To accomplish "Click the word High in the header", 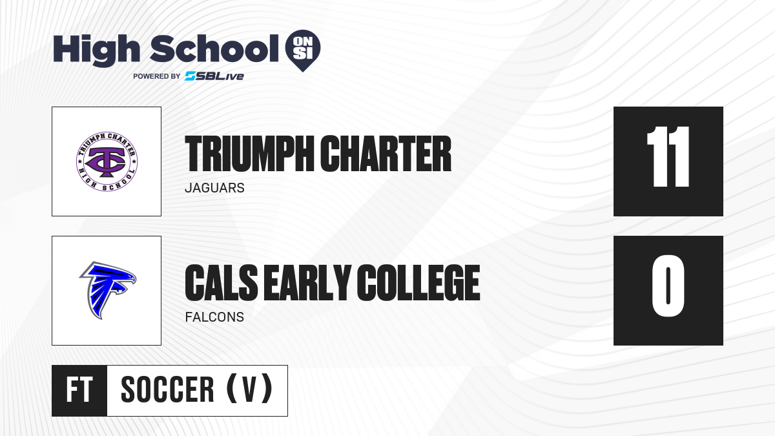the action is point(96,50).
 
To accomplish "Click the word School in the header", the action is point(214,48).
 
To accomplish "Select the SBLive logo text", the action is point(214,76).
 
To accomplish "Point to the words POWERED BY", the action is point(157,76).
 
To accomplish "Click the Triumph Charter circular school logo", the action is point(107,161).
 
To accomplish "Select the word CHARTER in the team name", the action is point(386,154).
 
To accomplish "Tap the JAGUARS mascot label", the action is point(214,188).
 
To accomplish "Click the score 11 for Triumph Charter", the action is point(668,157).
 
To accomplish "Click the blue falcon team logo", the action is point(107,290).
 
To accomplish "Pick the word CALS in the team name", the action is point(222,283).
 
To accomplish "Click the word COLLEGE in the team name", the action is point(418,283).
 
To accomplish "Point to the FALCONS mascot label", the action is point(214,317).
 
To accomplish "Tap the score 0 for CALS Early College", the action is point(668,285).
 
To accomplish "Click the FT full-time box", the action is point(79,391).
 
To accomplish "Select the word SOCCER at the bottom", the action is point(167,389).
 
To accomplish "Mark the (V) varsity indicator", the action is point(249,389).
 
